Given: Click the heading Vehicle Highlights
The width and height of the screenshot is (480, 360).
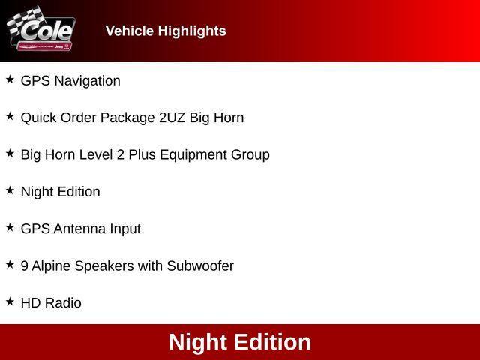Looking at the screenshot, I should point(166,31).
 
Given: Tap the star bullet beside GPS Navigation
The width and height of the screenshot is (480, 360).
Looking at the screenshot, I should point(10,79).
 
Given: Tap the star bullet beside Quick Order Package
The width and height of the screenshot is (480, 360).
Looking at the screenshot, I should point(10,116).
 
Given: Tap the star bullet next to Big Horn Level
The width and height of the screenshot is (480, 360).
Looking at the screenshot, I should point(10,153).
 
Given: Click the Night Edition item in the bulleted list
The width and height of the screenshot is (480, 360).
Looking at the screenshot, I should point(60,192).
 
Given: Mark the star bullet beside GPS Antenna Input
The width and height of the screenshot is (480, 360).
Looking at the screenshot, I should point(10,226).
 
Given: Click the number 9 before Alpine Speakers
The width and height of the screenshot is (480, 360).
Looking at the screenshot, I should point(25,265).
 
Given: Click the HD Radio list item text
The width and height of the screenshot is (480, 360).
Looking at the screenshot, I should point(51,303).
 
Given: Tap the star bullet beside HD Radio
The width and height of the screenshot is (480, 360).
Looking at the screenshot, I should point(10,301).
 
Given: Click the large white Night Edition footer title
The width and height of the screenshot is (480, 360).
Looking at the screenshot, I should point(240,342).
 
